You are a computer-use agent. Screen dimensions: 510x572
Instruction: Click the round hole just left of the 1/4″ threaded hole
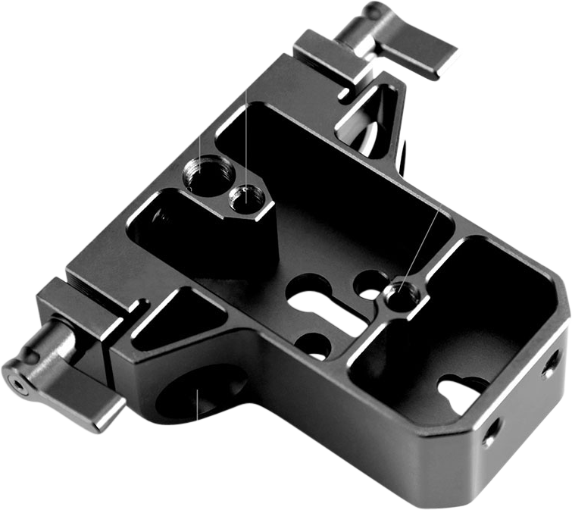point(369,283)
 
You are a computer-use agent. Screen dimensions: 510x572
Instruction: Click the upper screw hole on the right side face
point(548,370)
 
